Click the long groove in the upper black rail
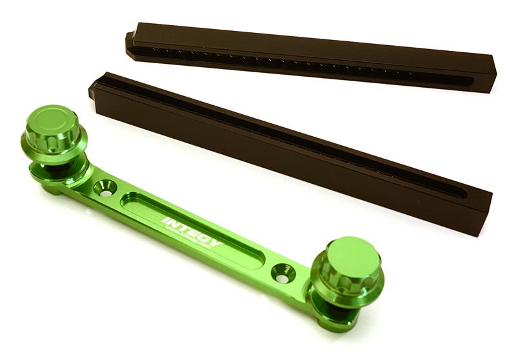click(303, 65)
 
